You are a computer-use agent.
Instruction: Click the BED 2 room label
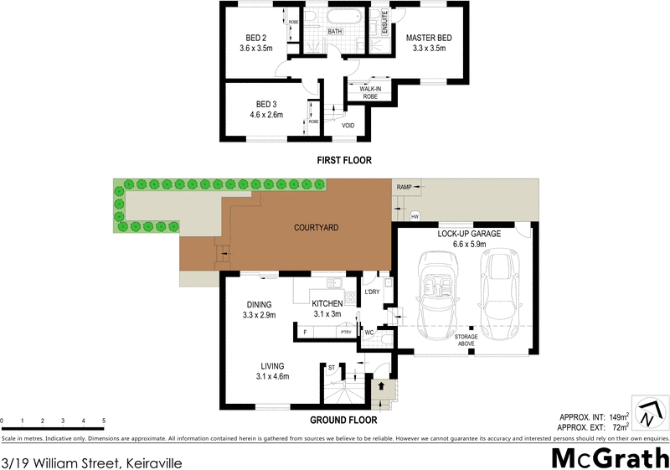255,38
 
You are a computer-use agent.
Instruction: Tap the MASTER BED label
430,38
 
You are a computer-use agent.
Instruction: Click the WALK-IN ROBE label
370,92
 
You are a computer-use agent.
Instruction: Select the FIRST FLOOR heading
343,160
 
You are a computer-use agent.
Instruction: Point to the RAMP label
405,187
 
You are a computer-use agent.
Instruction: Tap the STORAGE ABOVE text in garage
467,340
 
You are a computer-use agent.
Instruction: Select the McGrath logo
609,457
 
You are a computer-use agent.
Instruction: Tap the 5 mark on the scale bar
104,420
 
